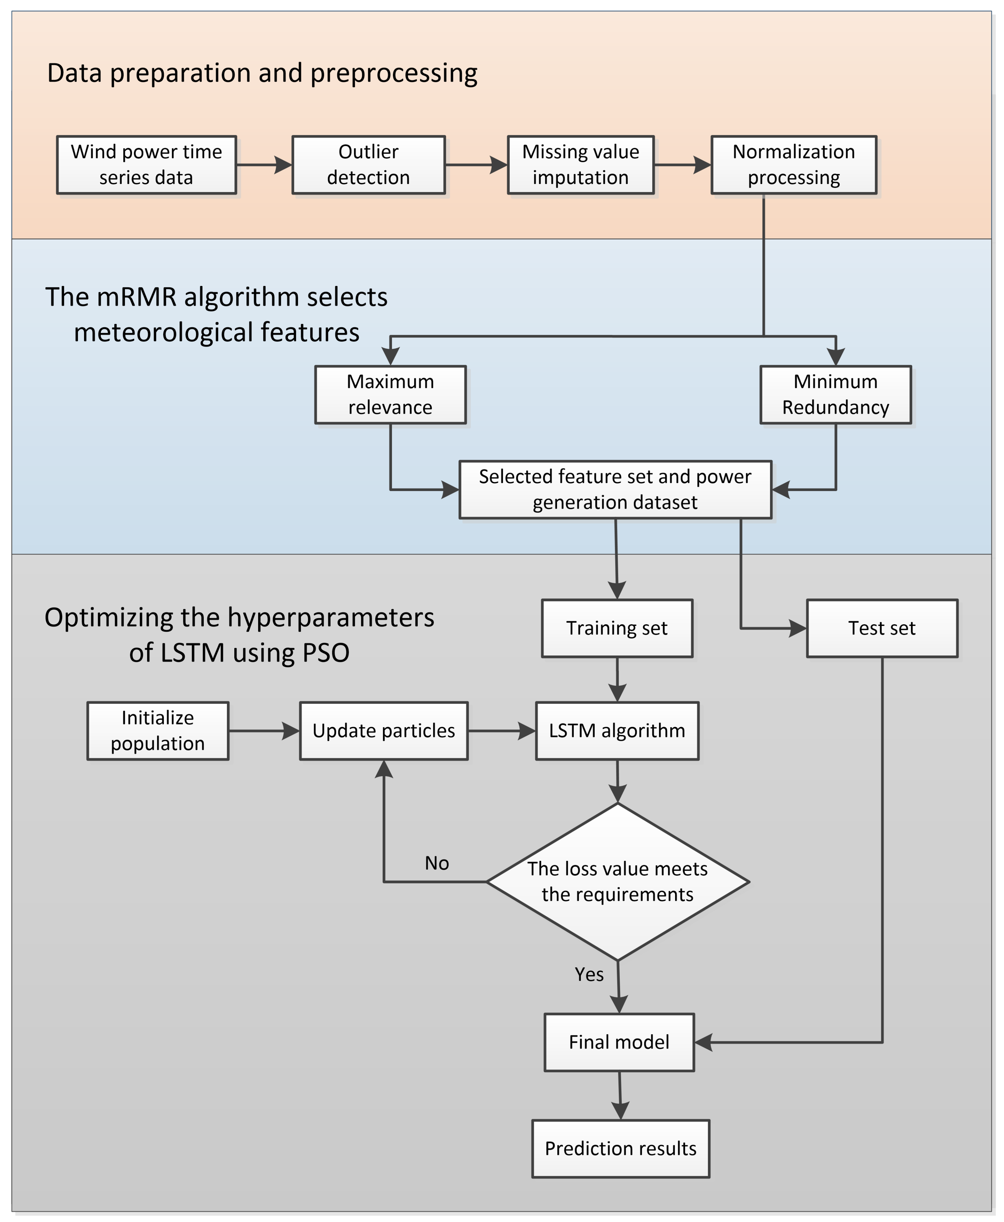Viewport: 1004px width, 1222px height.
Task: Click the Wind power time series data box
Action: pos(146,165)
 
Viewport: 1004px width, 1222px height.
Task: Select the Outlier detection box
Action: pos(368,165)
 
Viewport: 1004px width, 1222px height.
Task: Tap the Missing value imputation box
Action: pos(581,165)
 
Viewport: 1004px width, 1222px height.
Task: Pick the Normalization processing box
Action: pos(793,165)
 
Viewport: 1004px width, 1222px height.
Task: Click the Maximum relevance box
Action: pos(390,395)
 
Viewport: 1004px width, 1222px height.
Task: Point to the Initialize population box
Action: pos(158,731)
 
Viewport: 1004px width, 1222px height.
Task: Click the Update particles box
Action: pos(383,731)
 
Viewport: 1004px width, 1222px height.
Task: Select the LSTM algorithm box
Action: pos(617,731)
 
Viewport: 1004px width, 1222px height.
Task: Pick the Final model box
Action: pos(619,1042)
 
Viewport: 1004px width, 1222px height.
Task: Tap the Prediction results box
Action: pos(621,1148)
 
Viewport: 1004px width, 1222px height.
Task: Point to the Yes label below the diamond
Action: pos(589,974)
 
